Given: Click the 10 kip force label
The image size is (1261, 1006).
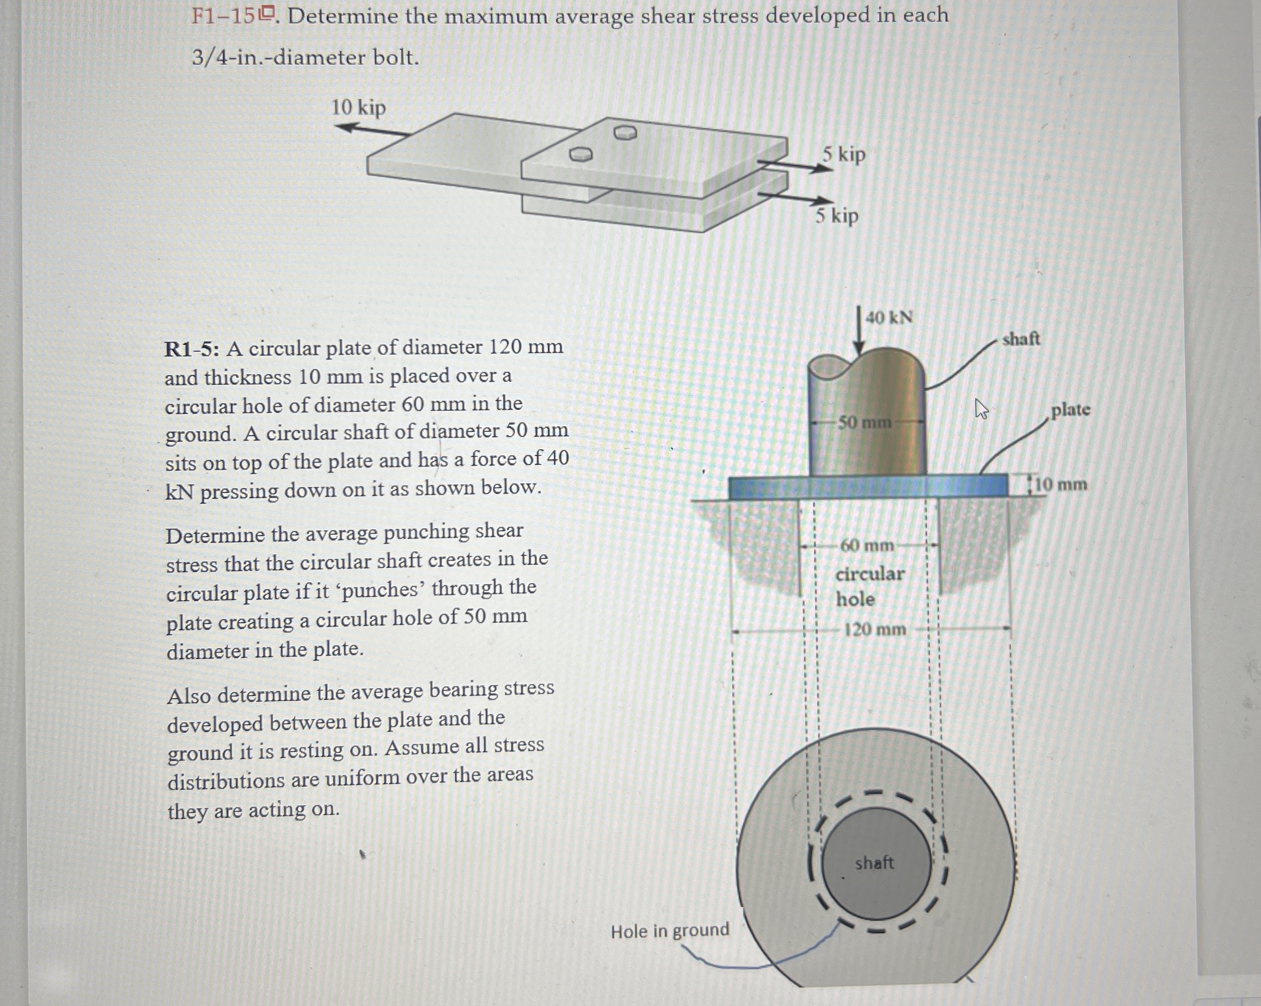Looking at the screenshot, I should (358, 108).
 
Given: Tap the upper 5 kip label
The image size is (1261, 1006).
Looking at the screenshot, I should (844, 154).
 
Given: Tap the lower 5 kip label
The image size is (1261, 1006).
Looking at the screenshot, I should (837, 216).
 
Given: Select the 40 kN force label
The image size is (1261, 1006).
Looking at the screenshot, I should (888, 318).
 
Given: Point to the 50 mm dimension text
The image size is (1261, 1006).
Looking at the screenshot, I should (864, 422).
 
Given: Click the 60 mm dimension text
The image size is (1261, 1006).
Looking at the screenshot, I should (867, 546).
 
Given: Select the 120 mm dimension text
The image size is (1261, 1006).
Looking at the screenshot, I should (875, 630).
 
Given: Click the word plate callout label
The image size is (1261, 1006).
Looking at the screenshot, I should (1070, 409).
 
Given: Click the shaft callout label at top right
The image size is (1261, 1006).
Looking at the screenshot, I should (1021, 339).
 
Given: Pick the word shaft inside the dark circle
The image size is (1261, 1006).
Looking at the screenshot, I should (874, 863).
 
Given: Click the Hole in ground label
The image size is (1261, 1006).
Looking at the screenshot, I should (670, 931).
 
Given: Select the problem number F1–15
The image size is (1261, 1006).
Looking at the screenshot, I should (223, 16).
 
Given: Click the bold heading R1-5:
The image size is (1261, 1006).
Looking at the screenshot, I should (192, 349).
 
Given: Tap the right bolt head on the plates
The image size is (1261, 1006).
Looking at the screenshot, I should (625, 133).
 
